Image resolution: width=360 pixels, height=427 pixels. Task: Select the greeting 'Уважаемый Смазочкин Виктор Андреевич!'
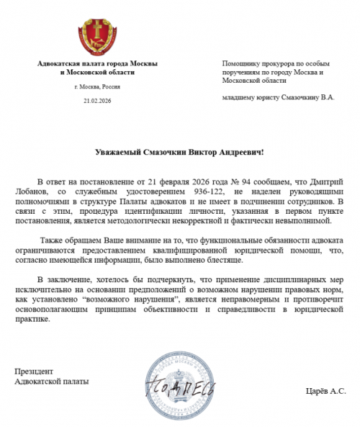point(180,152)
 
